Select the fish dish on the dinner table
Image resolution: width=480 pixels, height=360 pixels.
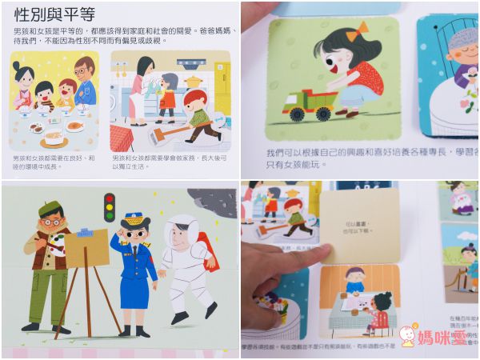coord(74,126)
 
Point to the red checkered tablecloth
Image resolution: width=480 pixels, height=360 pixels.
coord(122,138)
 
